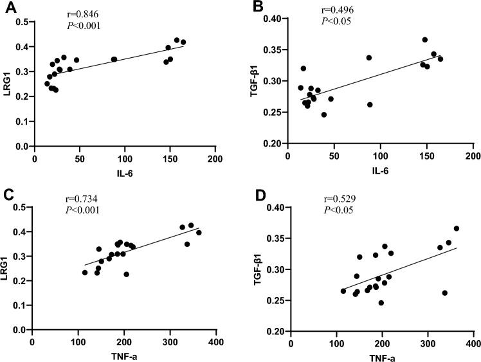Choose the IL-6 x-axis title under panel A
tap(125, 172)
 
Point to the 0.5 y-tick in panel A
tap(23, 23)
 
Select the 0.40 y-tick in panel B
tap(273, 19)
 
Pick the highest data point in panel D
tap(456, 228)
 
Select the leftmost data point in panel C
tap(85, 273)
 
